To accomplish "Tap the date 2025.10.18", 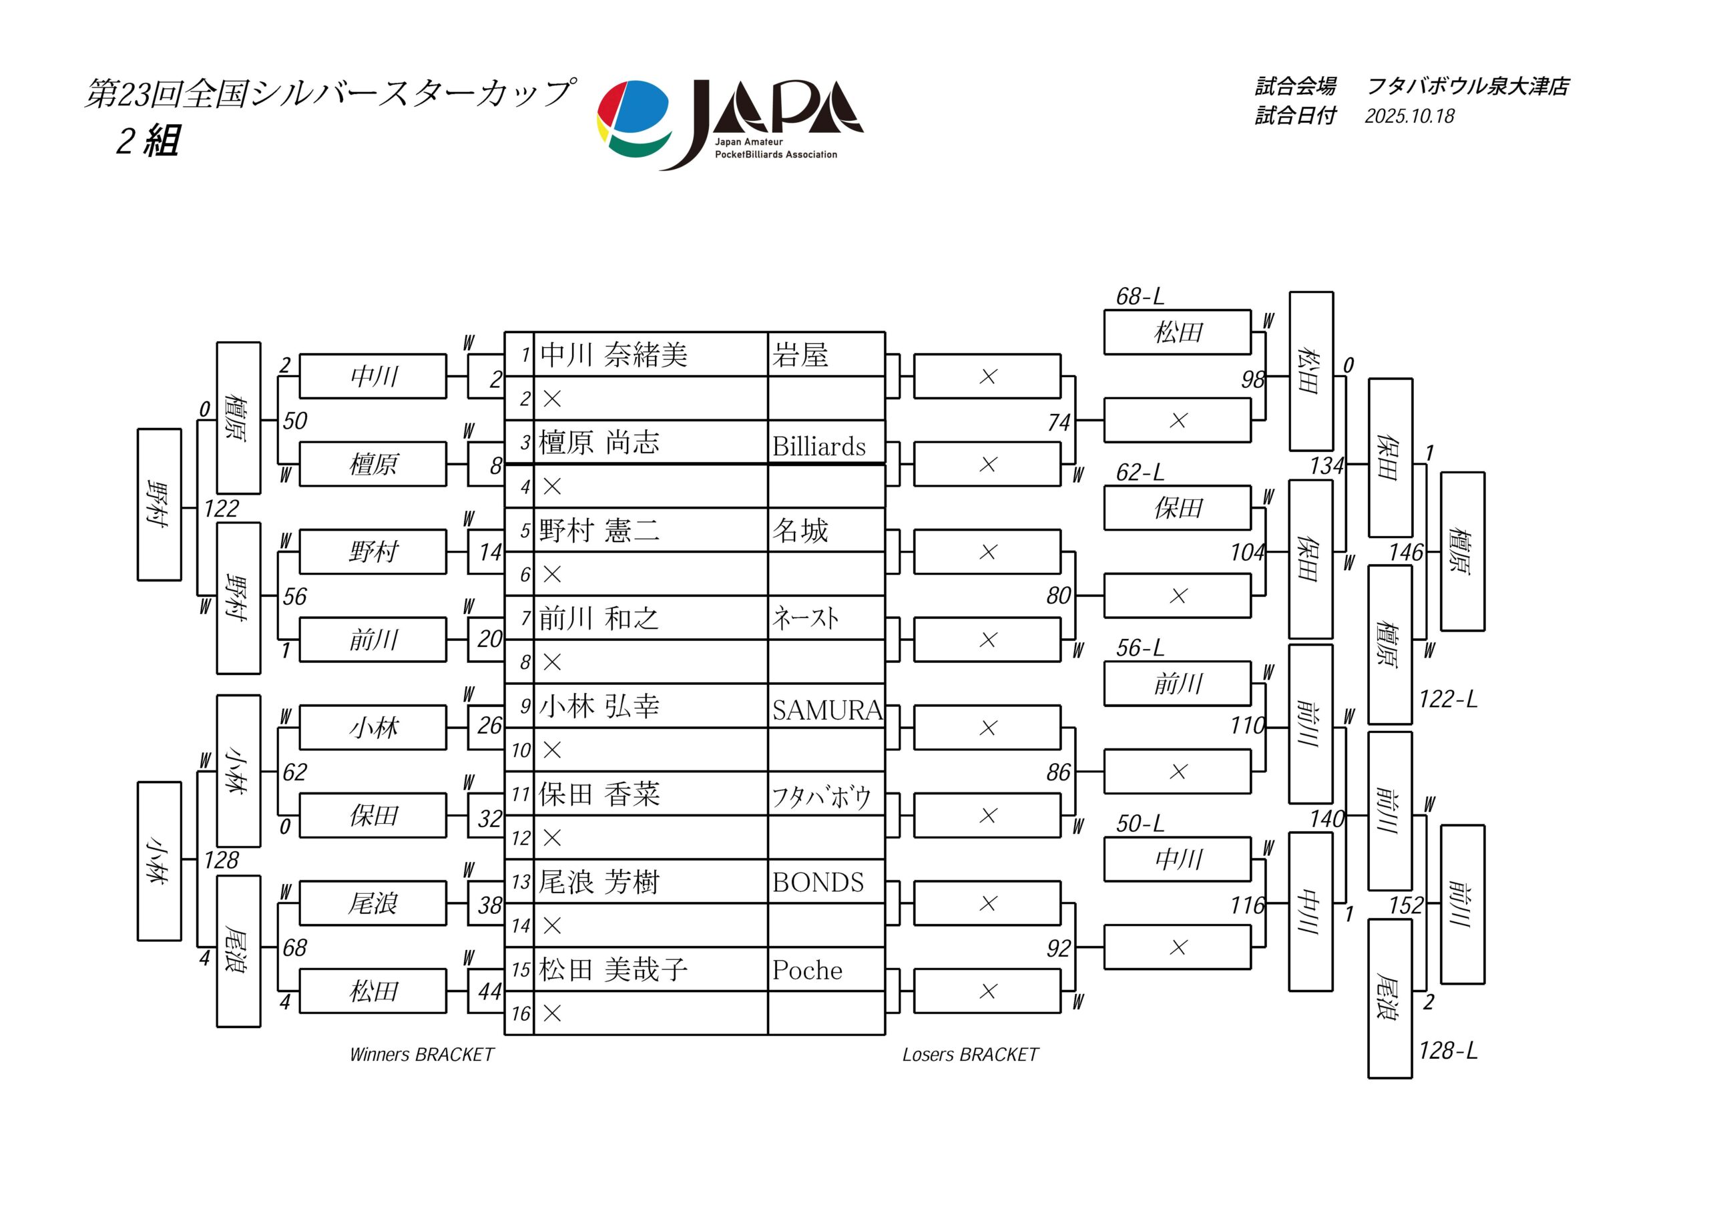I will (x=1409, y=116).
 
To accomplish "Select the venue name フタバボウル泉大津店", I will (x=1467, y=86).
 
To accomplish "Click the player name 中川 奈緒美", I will (x=614, y=355).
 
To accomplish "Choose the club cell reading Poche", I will (x=807, y=970).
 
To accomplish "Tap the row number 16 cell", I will (x=520, y=1013).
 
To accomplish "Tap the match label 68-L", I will (x=1139, y=297).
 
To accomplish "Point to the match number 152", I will (x=1405, y=905).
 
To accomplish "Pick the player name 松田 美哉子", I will (x=614, y=970).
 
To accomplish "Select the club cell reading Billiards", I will (x=818, y=446).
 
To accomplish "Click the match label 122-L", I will (x=1447, y=699).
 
